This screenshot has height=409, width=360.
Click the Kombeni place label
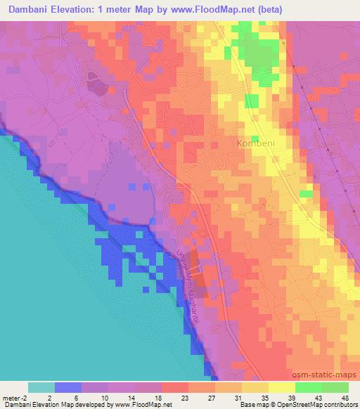pos(255,143)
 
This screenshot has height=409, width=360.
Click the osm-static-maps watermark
pos(323,375)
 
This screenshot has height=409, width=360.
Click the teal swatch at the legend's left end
pos(41,387)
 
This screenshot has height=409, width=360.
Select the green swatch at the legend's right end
pos(335,387)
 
